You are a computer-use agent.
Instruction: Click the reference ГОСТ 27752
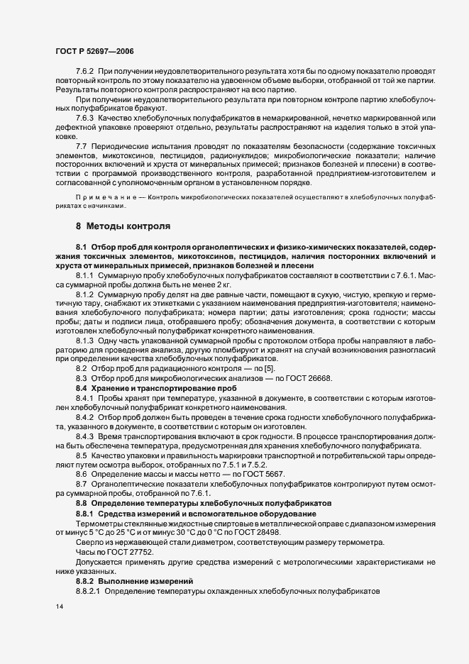pos(127,551)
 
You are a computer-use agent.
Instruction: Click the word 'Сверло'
pos(89,542)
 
